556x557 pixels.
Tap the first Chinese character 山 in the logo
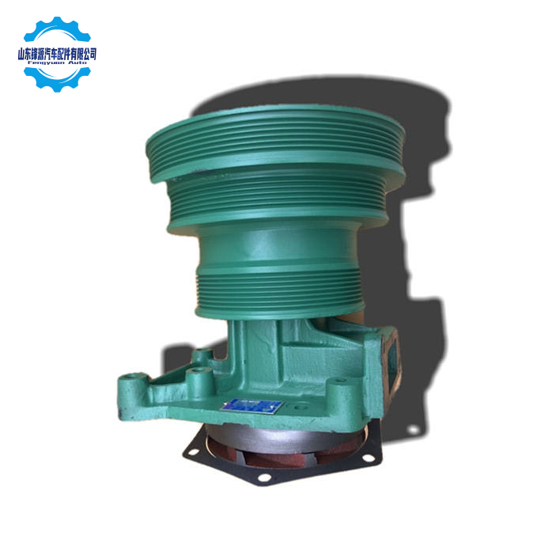pyautogui.click(x=21, y=55)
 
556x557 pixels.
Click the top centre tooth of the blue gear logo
pyautogui.click(x=57, y=21)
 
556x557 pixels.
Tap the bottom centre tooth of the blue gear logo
pyautogui.click(x=57, y=89)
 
